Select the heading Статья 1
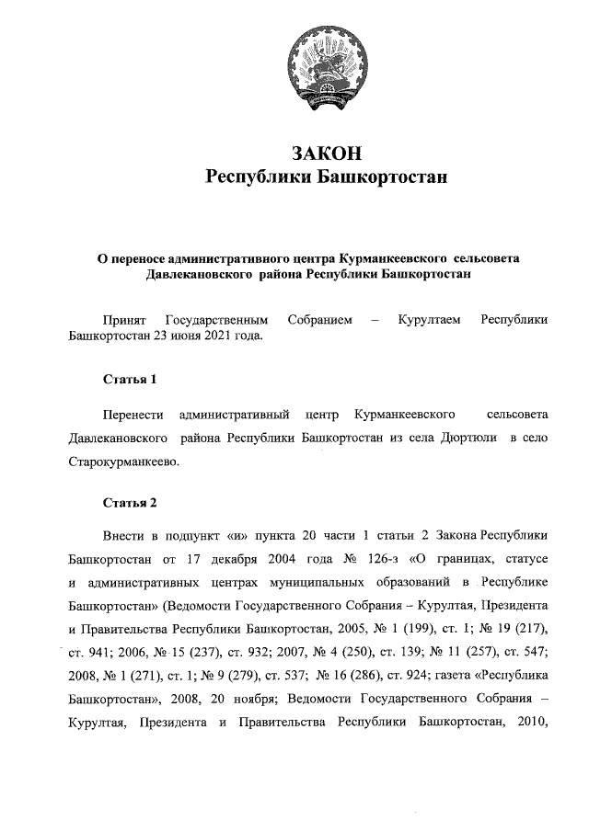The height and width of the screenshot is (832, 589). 123,379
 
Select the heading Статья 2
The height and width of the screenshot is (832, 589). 123,502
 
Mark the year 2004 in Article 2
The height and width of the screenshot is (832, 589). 274,559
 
